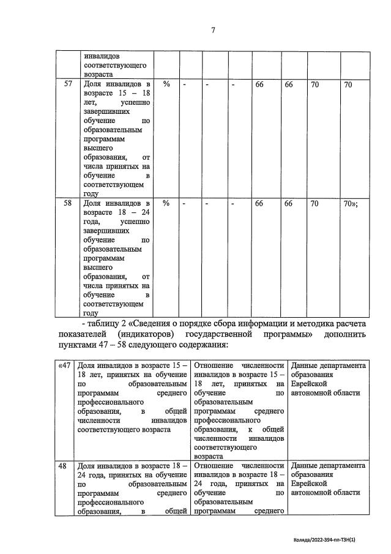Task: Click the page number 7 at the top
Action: click(x=213, y=30)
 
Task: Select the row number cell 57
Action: click(x=69, y=84)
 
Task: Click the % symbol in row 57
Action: click(x=166, y=84)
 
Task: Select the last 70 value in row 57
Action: click(x=348, y=84)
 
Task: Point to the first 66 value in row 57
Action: click(x=259, y=84)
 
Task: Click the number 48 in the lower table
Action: click(x=62, y=466)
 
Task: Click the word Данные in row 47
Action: click(x=306, y=365)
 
